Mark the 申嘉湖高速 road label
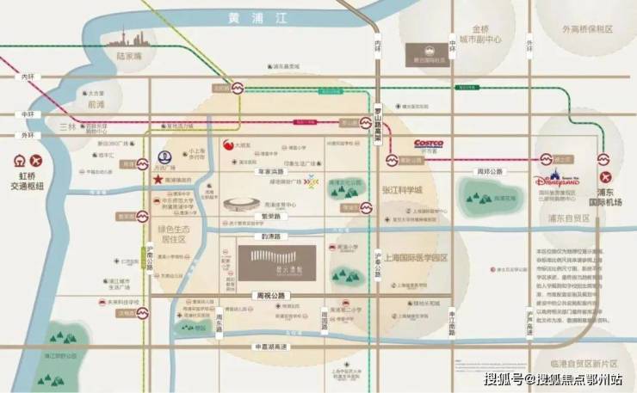[x=263, y=344]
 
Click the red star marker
[x=158, y=180]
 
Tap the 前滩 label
[x=95, y=104]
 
